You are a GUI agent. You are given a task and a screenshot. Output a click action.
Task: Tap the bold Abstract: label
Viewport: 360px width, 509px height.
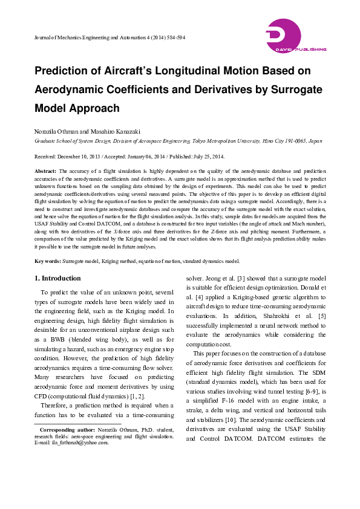45,172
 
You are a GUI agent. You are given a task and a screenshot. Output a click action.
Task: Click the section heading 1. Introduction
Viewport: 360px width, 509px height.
57,278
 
